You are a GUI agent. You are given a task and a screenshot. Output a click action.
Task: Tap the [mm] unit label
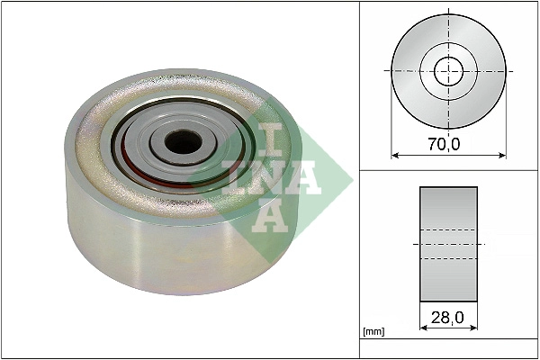point(373,332)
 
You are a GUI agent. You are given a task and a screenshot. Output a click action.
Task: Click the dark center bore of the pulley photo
point(184,141)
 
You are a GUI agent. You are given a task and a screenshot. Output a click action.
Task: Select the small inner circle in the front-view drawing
point(448,70)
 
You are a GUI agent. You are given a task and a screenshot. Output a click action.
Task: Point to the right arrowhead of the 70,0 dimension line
point(501,155)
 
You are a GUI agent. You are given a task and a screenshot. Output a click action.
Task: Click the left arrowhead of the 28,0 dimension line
point(423,328)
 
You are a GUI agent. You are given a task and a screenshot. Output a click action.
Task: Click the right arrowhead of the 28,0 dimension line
point(474,328)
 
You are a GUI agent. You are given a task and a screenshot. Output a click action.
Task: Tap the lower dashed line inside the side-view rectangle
point(448,259)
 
